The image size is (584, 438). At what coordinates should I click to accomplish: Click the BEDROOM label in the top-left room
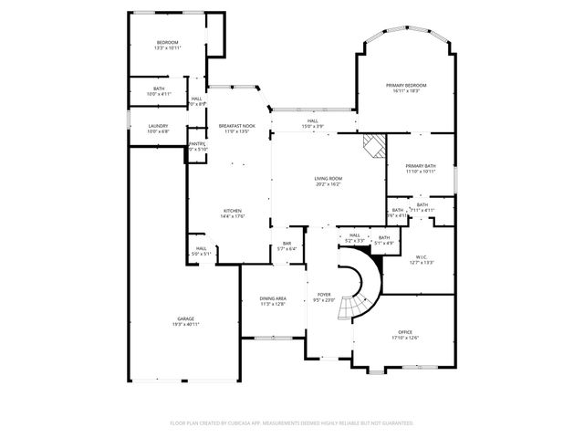pyautogui.click(x=167, y=43)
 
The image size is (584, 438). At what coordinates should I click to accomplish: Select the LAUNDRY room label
pyautogui.click(x=159, y=126)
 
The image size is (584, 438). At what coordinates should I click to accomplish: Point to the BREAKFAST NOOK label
pyautogui.click(x=236, y=126)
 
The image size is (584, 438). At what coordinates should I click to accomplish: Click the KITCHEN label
pyautogui.click(x=233, y=211)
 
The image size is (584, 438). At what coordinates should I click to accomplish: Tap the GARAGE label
pyautogui.click(x=186, y=318)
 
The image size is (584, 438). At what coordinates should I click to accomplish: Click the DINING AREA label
pyautogui.click(x=273, y=298)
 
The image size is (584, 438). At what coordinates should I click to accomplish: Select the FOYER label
pyautogui.click(x=324, y=294)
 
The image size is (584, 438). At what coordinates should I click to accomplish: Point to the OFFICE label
pyautogui.click(x=405, y=331)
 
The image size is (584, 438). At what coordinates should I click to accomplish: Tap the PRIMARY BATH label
pyautogui.click(x=421, y=165)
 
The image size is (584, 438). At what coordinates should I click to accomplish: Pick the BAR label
pyautogui.click(x=287, y=244)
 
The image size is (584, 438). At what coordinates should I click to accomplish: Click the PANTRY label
pyautogui.click(x=196, y=143)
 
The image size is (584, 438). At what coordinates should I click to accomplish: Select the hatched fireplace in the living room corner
pyautogui.click(x=372, y=146)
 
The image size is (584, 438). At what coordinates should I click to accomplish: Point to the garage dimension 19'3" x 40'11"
pyautogui.click(x=186, y=324)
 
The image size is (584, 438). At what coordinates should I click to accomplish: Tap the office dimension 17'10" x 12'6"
pyautogui.click(x=405, y=338)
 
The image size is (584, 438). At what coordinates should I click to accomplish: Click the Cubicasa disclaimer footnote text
pyautogui.click(x=292, y=423)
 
